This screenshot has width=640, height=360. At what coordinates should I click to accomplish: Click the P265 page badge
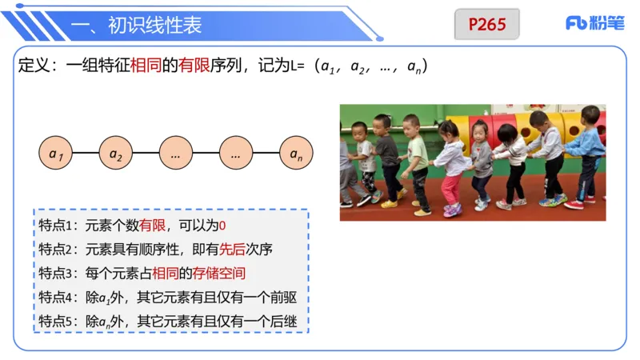point(487,24)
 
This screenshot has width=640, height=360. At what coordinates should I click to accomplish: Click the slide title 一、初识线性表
point(137,25)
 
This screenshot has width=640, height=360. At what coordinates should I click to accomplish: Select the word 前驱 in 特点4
point(282,298)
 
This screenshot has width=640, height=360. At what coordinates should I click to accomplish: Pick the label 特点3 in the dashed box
point(56,274)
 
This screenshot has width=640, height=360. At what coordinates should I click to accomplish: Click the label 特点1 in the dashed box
point(56,226)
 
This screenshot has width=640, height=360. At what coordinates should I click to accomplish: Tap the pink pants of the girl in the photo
point(452,188)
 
